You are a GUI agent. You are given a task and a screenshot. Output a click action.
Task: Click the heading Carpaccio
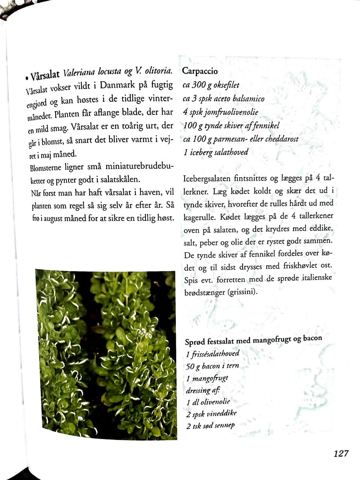click(200, 71)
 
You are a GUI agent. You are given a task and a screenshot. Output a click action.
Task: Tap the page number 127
click(341, 453)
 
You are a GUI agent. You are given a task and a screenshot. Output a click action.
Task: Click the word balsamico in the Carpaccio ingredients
click(249, 99)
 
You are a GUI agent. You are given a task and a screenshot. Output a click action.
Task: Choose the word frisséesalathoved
click(215, 354)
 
